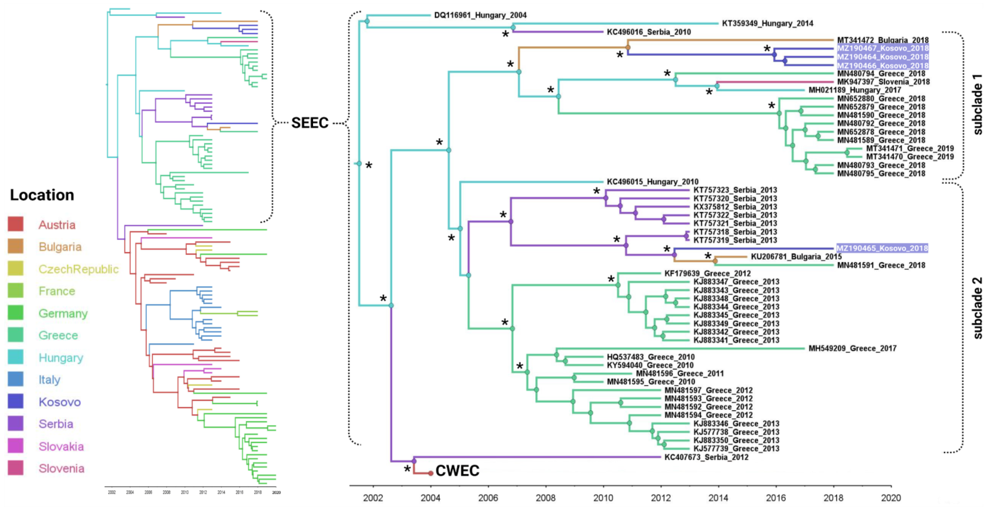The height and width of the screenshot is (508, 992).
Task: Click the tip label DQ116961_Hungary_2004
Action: coord(480,15)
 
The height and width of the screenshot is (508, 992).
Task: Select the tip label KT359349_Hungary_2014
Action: coord(767,23)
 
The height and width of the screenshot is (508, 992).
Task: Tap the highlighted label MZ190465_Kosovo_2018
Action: coord(882,248)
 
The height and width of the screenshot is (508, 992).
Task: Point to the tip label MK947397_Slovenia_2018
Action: coord(883,82)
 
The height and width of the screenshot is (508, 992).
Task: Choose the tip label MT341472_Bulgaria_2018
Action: coord(883,40)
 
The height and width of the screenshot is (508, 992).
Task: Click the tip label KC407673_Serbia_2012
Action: coord(706,457)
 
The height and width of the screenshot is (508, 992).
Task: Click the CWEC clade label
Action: coord(457,471)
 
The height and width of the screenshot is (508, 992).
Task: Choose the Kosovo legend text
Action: coord(60,402)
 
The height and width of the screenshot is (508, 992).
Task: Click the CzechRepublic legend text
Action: coord(79,269)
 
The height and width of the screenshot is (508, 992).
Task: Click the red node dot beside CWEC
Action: coord(431,473)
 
